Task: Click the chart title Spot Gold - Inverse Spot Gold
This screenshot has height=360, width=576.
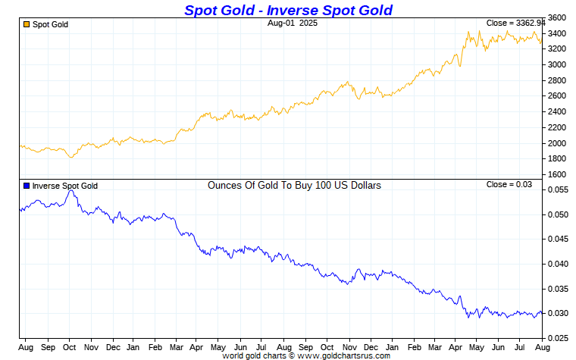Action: [288, 10]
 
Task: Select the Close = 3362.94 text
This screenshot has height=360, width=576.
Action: [509, 23]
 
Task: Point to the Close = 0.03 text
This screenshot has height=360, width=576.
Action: [509, 184]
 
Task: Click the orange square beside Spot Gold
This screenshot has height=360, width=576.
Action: [27, 24]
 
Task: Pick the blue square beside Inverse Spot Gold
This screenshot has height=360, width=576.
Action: [27, 186]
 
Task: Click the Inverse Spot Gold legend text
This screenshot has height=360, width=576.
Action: [65, 186]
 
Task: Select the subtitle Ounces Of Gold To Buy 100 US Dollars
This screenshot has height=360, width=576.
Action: [294, 185]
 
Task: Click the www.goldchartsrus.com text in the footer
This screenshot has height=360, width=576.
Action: [345, 355]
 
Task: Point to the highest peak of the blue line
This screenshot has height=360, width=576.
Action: [71, 190]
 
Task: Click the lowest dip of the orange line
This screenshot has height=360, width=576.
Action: [71, 157]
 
